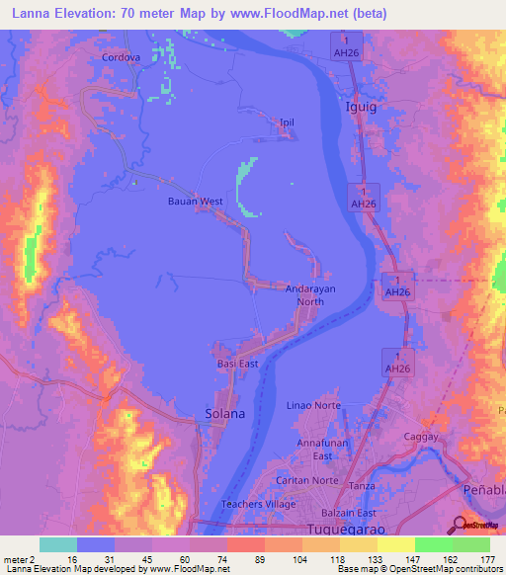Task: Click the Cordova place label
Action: point(122,57)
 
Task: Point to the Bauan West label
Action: point(195,202)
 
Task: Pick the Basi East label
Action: point(237,364)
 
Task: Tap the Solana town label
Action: point(224,414)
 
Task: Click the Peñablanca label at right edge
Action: point(483,491)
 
